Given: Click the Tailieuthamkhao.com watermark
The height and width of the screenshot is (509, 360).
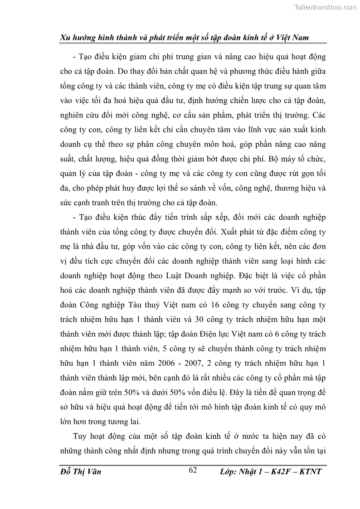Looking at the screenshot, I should pyautogui.click(x=326, y=7).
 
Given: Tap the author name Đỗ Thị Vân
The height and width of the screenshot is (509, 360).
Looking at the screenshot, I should pyautogui.click(x=80, y=472).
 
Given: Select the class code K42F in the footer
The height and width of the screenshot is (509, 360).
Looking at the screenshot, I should pyautogui.click(x=282, y=472).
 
